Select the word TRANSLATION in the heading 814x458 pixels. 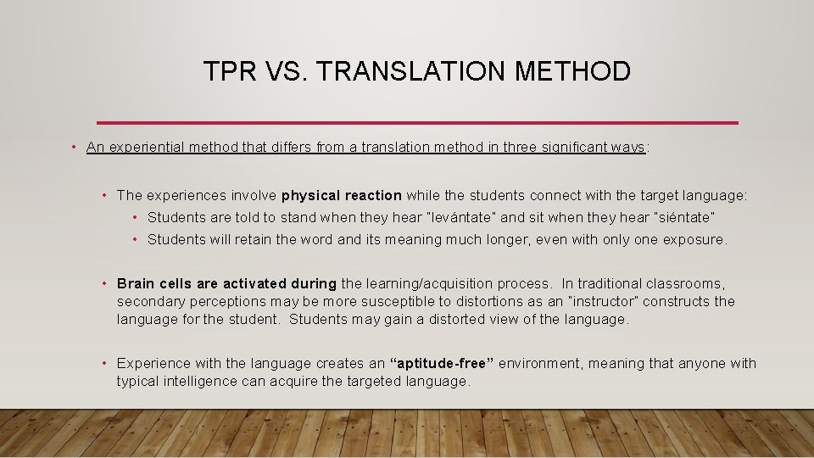click(411, 71)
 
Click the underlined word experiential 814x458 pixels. click(145, 148)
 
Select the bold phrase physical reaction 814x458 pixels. click(342, 196)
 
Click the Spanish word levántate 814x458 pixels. click(440, 217)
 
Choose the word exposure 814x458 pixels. click(695, 239)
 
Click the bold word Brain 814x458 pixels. click(136, 283)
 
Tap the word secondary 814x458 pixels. click(148, 301)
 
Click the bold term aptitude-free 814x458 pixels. click(441, 364)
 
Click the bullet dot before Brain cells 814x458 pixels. click(103, 283)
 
